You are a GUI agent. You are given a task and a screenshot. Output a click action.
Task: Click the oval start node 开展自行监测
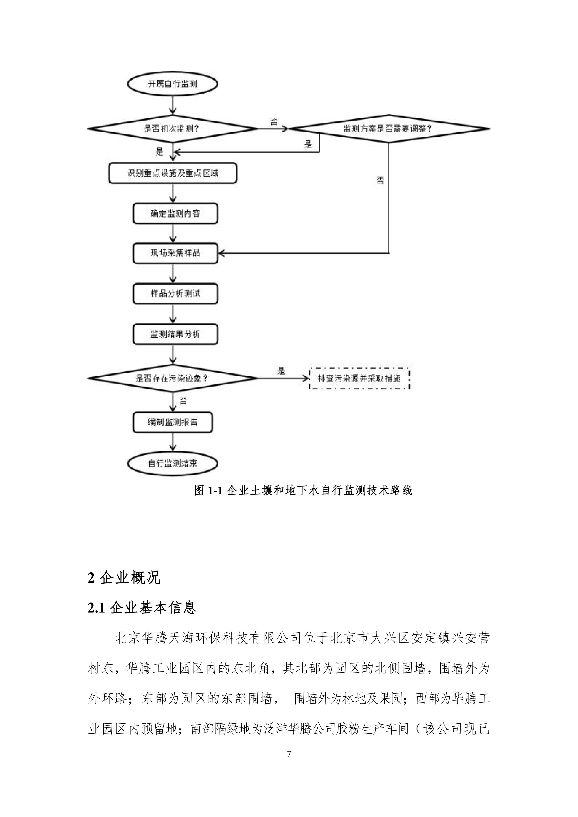click(x=173, y=84)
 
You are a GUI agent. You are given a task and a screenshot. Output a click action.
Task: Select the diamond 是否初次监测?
click(x=173, y=129)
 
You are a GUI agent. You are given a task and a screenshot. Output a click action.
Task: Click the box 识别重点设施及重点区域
click(x=173, y=173)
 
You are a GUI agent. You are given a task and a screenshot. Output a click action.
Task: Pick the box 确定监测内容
click(x=175, y=214)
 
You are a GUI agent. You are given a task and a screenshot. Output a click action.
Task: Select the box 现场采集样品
click(x=175, y=253)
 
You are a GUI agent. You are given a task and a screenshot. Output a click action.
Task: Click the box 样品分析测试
click(x=175, y=293)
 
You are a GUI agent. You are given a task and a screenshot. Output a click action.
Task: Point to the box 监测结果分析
click(x=175, y=334)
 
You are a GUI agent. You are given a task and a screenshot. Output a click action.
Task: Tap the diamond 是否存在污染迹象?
click(x=173, y=378)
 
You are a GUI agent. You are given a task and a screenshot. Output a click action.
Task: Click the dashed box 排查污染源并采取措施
click(x=359, y=378)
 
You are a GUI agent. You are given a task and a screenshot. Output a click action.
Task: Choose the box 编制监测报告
click(x=173, y=422)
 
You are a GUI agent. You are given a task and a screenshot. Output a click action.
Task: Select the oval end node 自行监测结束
click(x=173, y=463)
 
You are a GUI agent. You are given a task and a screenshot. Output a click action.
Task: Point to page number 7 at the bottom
click(x=289, y=783)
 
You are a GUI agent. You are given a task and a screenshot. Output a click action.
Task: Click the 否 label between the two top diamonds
click(x=274, y=122)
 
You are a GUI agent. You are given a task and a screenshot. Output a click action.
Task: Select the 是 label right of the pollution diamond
click(x=281, y=371)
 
